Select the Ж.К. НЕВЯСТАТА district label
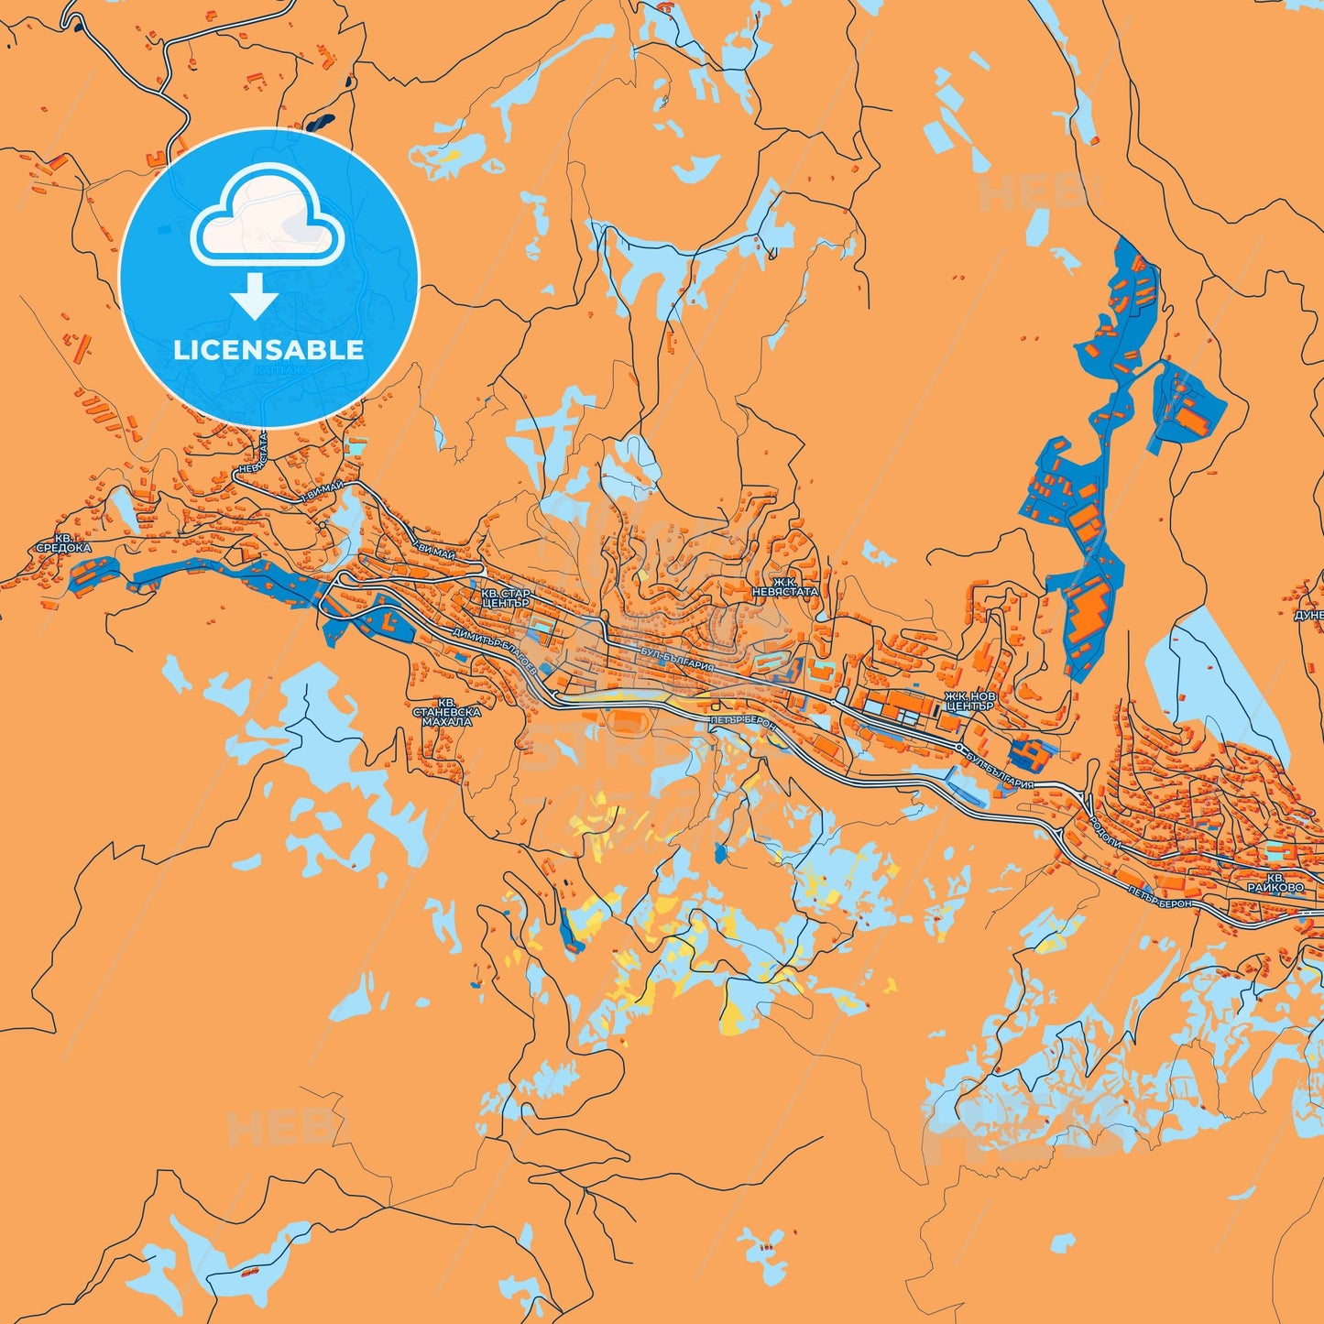(784, 586)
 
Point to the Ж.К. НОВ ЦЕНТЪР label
(969, 702)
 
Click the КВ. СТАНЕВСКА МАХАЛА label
(447, 712)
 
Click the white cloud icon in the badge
(267, 216)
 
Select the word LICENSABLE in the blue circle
(268, 350)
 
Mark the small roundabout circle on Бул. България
(959, 749)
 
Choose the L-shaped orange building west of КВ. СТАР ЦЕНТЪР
(387, 626)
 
